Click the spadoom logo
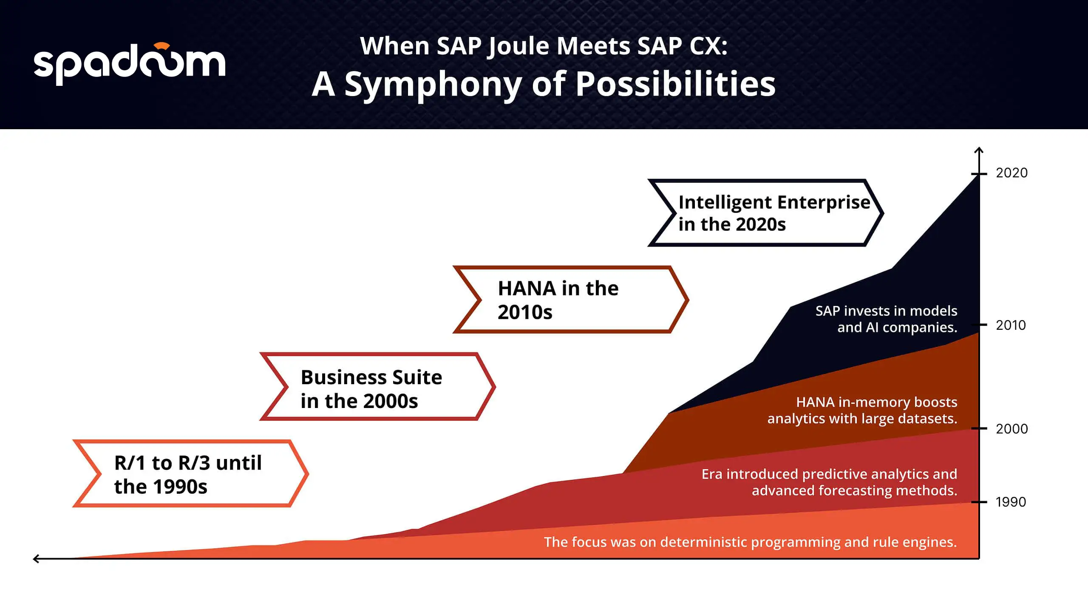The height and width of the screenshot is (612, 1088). point(129,64)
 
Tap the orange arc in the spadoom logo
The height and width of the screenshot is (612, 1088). point(162,46)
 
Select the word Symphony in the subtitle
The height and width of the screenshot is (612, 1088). point(433,85)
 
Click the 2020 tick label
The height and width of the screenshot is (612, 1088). point(1012,173)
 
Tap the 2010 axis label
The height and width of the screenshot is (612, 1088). point(1011,325)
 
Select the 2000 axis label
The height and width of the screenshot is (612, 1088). point(1012,429)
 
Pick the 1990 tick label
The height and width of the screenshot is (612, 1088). point(1011,502)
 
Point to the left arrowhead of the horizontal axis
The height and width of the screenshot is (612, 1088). point(36,558)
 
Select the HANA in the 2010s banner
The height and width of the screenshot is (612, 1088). point(571,300)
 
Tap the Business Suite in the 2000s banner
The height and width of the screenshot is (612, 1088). point(378,386)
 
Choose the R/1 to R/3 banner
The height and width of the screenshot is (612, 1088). point(191,473)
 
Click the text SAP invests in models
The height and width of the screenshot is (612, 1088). point(887,311)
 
